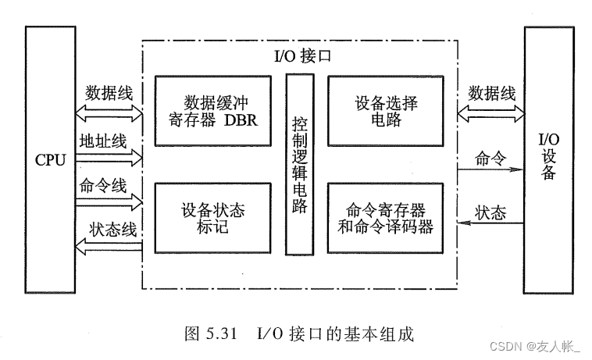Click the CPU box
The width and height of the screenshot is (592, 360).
point(51,160)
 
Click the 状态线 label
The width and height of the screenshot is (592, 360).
point(113,230)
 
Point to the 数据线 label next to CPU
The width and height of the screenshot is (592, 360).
point(109,93)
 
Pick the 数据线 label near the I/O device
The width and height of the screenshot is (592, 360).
point(492,93)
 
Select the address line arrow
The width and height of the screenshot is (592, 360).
point(109,158)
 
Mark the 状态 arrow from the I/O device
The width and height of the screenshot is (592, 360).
point(488,224)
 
